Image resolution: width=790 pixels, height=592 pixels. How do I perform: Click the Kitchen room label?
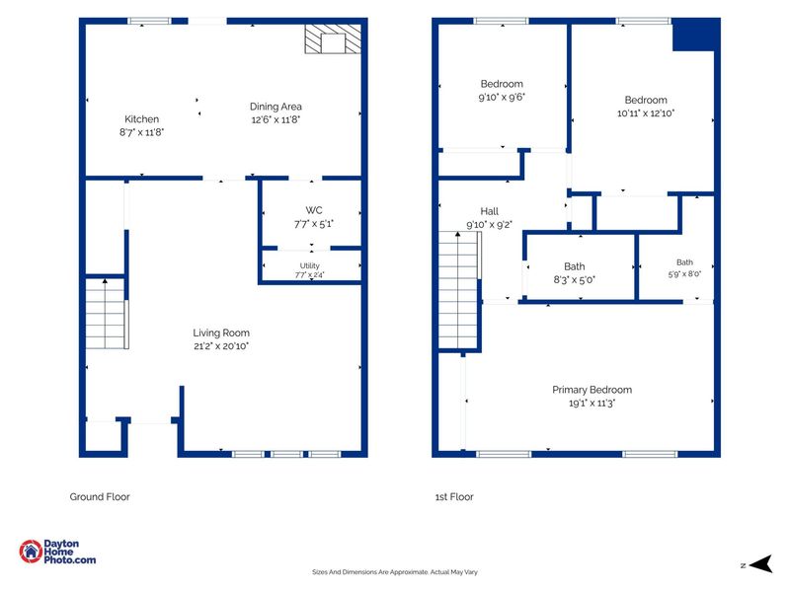point(141,119)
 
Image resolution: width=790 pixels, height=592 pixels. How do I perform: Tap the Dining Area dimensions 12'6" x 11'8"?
point(276,119)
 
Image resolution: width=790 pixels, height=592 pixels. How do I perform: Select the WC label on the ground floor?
point(313,210)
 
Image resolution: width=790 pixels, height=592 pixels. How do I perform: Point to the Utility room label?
point(309,265)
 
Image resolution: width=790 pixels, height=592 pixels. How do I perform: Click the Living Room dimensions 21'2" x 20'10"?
point(221,346)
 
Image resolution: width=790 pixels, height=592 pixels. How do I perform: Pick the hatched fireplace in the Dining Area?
point(333,38)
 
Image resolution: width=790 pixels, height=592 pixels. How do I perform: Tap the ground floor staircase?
point(106,313)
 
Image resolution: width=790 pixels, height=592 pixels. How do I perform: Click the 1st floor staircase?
point(458,290)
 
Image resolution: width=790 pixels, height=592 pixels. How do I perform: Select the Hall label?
point(489,211)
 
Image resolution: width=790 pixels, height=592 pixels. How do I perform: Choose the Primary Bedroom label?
point(592,390)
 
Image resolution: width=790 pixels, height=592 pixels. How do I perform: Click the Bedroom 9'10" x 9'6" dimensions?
point(502,97)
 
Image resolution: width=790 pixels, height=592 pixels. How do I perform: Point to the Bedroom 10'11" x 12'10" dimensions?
point(646,113)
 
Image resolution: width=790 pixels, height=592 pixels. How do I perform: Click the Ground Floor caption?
point(100,497)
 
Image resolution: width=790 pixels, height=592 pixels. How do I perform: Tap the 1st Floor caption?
point(454,497)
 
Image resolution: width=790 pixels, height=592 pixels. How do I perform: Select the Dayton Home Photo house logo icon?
point(31,552)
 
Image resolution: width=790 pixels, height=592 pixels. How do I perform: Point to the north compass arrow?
point(760,563)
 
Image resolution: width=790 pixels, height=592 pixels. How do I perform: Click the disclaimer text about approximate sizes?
point(394,572)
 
